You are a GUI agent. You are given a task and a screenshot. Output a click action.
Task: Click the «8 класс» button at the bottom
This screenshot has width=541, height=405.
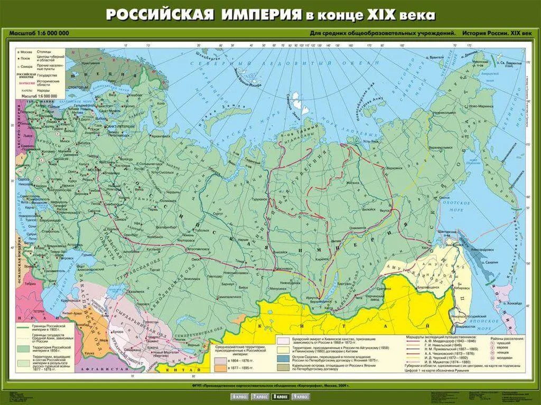click(x=280, y=397)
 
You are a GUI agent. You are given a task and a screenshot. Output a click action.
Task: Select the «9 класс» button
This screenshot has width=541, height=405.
click(x=301, y=397)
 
